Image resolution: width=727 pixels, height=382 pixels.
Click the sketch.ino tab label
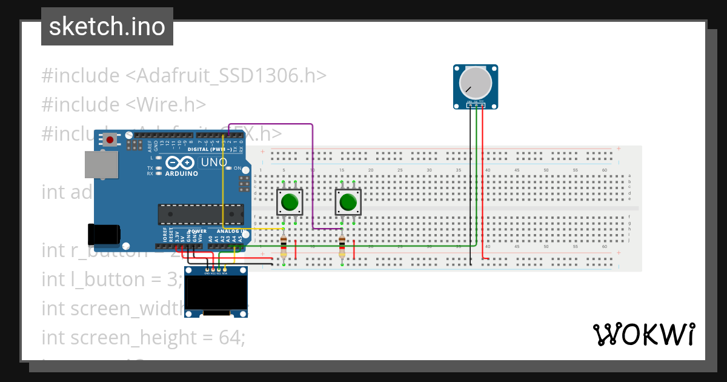coord(107,27)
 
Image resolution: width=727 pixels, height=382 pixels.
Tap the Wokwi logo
coord(643,334)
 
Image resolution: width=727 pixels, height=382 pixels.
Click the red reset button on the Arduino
coord(110,139)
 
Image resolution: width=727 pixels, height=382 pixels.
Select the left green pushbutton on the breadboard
coord(290,202)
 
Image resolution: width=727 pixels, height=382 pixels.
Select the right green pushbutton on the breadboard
coord(348,202)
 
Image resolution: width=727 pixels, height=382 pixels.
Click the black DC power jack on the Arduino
coord(103,234)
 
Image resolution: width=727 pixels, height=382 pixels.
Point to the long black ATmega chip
coord(200,213)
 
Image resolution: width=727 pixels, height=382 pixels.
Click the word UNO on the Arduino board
coord(214,163)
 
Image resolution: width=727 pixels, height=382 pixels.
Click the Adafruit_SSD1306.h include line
coord(184,76)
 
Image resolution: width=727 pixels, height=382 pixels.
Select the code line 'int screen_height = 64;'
coord(143,337)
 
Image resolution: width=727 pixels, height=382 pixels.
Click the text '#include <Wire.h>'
coord(124,104)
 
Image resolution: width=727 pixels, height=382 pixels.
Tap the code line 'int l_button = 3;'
coord(112,279)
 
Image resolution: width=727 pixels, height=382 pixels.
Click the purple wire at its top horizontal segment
coord(273,124)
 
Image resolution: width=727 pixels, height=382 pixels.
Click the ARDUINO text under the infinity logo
coord(181,173)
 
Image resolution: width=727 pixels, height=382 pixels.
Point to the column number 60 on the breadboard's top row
coord(605,170)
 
